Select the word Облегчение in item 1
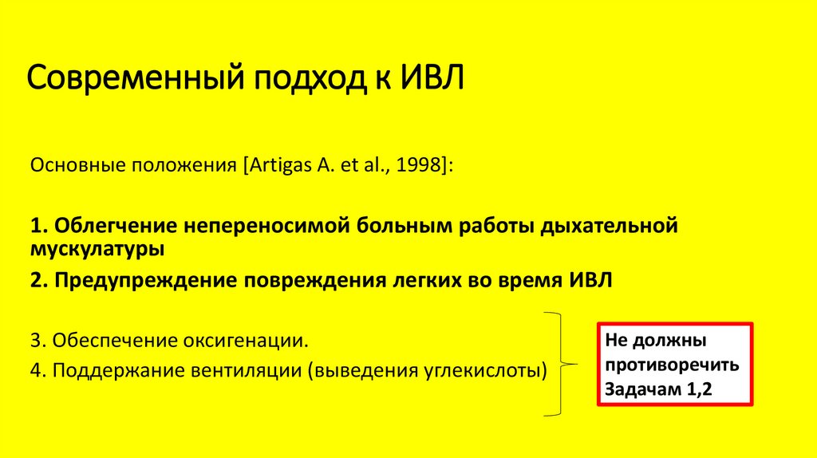[114, 226]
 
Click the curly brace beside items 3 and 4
[562, 364]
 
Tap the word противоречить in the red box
[672, 365]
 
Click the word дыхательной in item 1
[610, 226]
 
